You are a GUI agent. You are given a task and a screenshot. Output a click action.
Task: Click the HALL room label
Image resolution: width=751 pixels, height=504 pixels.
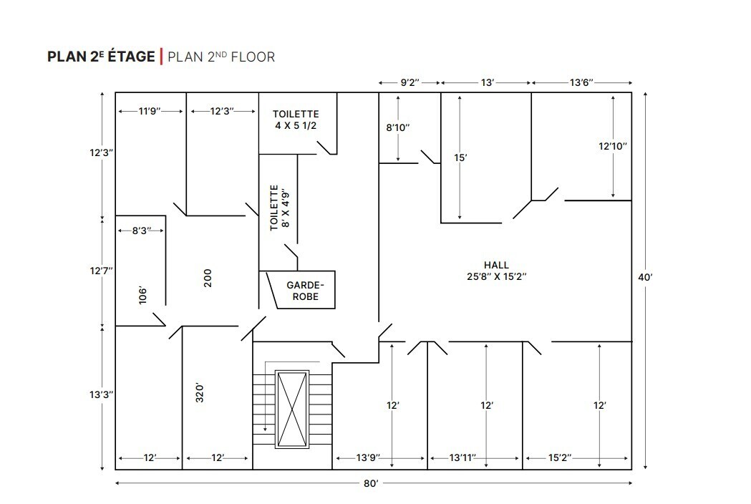coord(496,265)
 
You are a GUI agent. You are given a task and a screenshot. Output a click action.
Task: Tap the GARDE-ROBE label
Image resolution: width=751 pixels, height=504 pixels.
coord(306,291)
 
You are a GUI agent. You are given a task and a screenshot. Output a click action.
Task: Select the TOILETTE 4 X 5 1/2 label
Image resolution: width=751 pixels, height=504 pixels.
coord(296,120)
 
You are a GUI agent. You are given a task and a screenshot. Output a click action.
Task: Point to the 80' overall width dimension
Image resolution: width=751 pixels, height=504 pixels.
coord(370,483)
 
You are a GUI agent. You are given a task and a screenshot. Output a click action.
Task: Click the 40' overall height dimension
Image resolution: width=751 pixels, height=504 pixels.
coord(645,277)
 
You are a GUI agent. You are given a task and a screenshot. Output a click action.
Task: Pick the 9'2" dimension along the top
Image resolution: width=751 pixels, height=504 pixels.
coord(410,82)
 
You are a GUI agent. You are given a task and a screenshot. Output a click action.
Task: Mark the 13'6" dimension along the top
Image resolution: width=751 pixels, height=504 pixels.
coord(581,82)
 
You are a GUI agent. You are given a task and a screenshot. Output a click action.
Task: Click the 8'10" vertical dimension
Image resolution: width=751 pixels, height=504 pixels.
coord(398,127)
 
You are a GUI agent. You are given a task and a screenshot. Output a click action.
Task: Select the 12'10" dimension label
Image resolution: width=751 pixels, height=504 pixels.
coord(613,146)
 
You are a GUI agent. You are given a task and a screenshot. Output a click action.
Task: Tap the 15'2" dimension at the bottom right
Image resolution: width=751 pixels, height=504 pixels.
coord(560,458)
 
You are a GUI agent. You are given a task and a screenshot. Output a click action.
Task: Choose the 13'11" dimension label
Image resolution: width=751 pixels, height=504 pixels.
coord(462,458)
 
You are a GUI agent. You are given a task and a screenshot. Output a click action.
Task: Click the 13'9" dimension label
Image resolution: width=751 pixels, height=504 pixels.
coord(368,458)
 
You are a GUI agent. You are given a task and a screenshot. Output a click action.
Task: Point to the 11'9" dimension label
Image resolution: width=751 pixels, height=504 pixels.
coord(150,112)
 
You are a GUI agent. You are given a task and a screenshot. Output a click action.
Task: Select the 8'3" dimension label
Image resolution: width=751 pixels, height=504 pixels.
coord(141,231)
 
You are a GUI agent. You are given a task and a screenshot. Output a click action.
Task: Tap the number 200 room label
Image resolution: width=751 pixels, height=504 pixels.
coord(208,278)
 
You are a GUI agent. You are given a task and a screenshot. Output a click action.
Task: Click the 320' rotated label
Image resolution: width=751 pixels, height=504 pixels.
coord(200,393)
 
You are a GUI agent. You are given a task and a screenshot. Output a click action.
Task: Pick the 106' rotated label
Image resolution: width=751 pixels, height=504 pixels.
coord(142,296)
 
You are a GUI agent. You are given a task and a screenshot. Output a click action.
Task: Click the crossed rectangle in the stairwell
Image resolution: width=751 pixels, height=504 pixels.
coord(291,409)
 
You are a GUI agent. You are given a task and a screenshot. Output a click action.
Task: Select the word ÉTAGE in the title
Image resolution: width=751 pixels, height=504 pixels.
coord(131,56)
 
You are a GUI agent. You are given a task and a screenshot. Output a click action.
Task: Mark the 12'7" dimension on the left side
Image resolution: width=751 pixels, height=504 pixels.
coord(101,271)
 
